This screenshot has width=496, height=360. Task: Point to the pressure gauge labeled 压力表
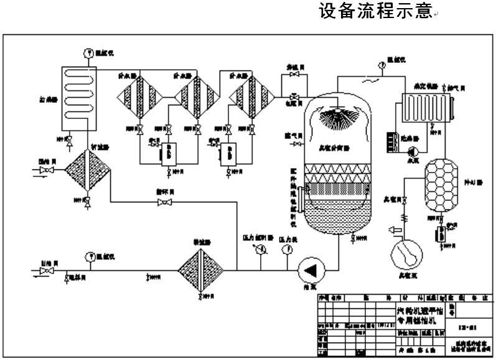pyautogui.click(x=286, y=250)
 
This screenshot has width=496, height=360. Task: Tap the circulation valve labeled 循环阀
pyautogui.click(x=164, y=202)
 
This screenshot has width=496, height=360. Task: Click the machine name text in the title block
pyautogui.click(x=421, y=315)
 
